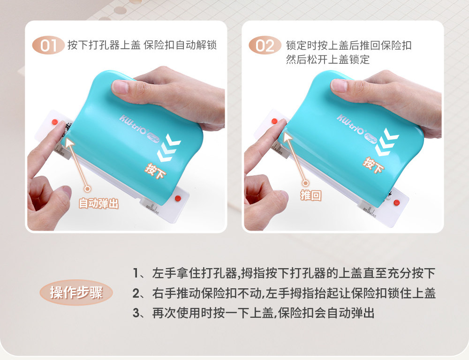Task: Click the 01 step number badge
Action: [48, 45]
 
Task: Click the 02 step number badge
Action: [265, 45]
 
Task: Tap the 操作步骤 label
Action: [76, 292]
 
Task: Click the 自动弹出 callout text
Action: [98, 203]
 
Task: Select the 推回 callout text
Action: [311, 195]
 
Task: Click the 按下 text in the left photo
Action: [156, 171]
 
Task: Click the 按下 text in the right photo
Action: [373, 165]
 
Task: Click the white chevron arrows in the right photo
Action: [387, 142]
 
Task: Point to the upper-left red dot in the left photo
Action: [55, 122]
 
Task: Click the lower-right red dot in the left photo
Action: [178, 198]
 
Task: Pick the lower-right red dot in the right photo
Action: [397, 202]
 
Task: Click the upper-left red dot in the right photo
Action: [274, 121]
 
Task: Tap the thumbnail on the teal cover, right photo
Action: [339, 85]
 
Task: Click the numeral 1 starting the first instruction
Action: [136, 273]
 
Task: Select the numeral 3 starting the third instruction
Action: [136, 313]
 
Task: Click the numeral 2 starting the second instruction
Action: [136, 293]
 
